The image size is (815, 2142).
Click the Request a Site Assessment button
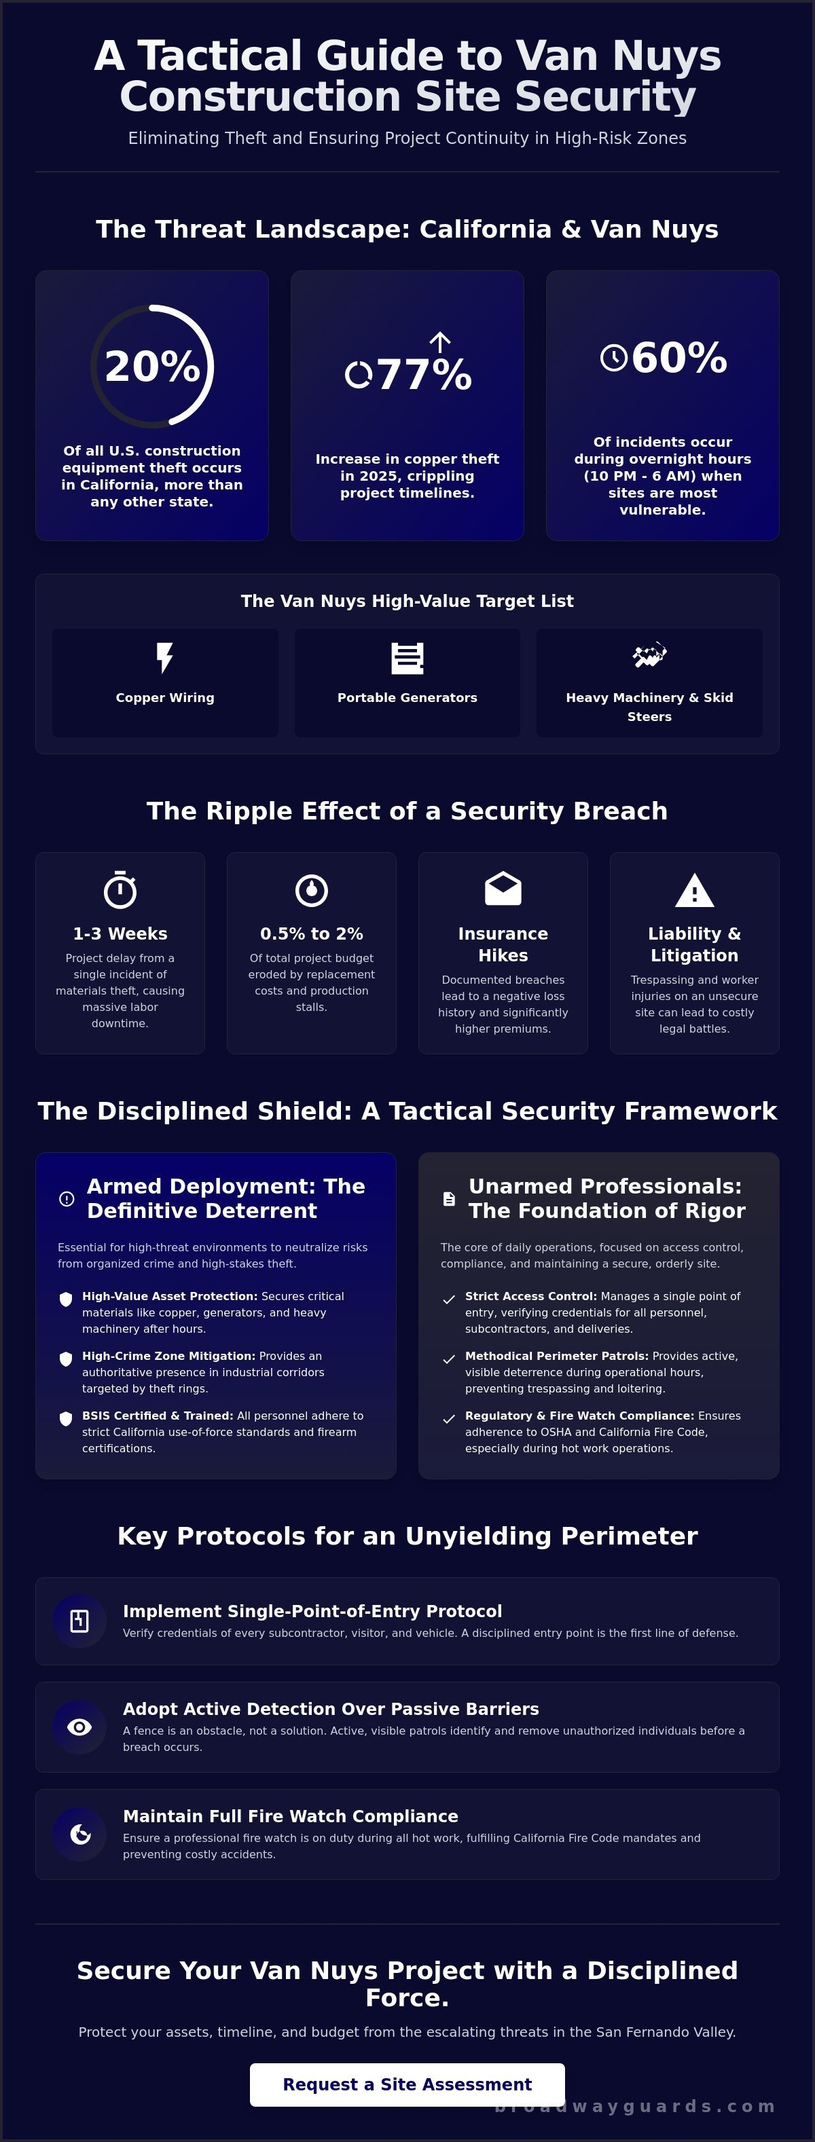point(407,2084)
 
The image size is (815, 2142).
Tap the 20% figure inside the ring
point(152,367)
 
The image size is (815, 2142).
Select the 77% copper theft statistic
point(424,375)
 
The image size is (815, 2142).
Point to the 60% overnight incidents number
point(679,358)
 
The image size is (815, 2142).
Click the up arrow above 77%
point(440,341)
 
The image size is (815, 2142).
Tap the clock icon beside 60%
point(614,358)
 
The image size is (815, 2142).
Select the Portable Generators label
point(407,698)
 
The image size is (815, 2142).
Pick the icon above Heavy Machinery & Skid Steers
point(649,655)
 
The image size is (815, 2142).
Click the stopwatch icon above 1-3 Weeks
point(121,889)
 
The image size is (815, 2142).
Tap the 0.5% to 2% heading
point(312,934)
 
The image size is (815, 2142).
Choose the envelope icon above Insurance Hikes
point(503,888)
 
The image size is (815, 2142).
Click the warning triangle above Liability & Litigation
point(694,890)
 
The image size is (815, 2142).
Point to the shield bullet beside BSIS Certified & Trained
point(66,1418)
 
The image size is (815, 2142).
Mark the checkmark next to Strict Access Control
point(449,1299)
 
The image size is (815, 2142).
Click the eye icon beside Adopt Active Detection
point(80,1727)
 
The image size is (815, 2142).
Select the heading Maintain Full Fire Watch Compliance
point(290,1816)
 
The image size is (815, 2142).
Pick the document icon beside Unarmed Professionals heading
point(449,1198)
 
